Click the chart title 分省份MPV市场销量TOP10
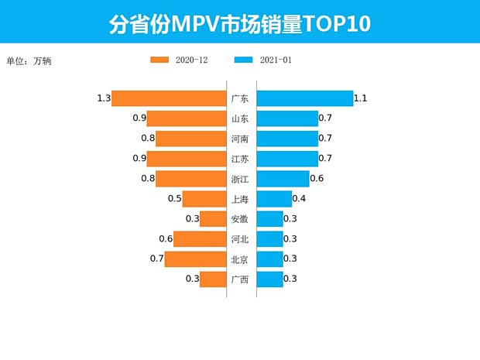tap(240, 23)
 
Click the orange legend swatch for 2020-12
tap(159, 60)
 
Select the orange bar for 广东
tap(168, 98)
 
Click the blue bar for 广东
tap(304, 98)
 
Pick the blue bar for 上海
tap(273, 199)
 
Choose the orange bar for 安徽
tap(212, 219)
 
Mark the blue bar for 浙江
tap(283, 179)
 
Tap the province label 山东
tap(240, 119)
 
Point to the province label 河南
tap(240, 139)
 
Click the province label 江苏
tap(240, 159)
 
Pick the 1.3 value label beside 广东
tap(104, 98)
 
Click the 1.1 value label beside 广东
tap(360, 98)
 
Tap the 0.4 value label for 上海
tap(299, 199)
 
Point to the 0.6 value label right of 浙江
tap(316, 179)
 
